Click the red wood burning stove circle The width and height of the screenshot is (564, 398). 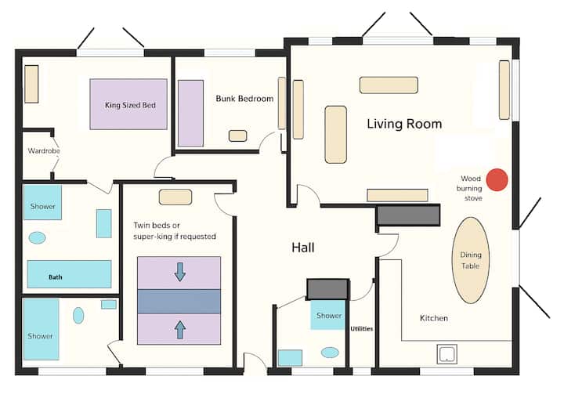(x=497, y=179)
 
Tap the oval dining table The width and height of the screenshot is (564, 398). (x=471, y=260)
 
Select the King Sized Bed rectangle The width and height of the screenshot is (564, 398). (x=128, y=104)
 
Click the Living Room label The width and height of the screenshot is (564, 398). (x=404, y=124)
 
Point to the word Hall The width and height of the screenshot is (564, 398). (x=303, y=248)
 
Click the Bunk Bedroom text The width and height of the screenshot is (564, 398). (x=244, y=99)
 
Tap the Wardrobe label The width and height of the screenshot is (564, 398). (x=44, y=150)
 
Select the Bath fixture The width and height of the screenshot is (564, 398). (x=69, y=274)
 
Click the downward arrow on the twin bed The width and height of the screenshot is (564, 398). (x=180, y=272)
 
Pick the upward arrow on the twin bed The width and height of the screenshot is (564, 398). (x=180, y=330)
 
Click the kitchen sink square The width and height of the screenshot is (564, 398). (x=446, y=354)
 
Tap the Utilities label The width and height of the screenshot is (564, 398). (x=361, y=328)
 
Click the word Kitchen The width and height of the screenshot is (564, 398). (x=434, y=318)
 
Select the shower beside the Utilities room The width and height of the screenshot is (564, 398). (x=328, y=315)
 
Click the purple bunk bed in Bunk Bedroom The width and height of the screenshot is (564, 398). (x=190, y=113)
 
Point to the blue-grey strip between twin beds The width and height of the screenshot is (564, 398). (x=179, y=302)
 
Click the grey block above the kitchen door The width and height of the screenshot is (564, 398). (x=408, y=215)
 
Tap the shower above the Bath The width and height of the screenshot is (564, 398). (x=42, y=202)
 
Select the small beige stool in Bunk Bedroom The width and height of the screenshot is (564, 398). (x=238, y=136)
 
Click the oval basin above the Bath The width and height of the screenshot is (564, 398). (x=37, y=238)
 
